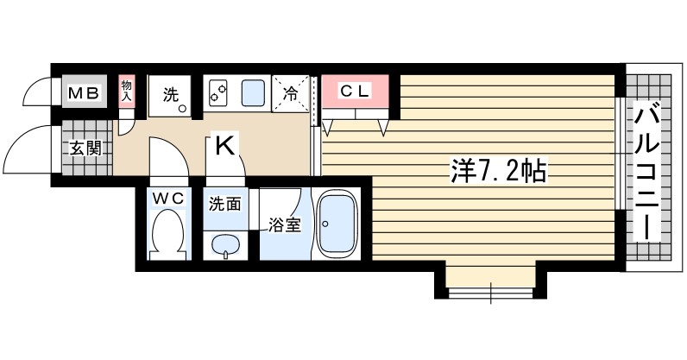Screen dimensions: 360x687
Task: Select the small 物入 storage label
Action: (x=126, y=91)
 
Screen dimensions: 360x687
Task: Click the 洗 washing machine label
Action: (x=170, y=93)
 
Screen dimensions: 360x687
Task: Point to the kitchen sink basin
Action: (x=253, y=92)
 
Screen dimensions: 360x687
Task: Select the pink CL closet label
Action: (x=354, y=90)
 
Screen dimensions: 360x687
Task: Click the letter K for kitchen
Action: (x=224, y=146)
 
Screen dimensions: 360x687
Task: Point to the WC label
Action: (x=168, y=199)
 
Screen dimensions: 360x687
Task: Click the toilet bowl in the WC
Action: (x=168, y=235)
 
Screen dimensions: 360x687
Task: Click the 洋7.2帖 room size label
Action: (x=497, y=171)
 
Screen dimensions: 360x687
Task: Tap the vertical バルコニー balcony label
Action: (x=649, y=172)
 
